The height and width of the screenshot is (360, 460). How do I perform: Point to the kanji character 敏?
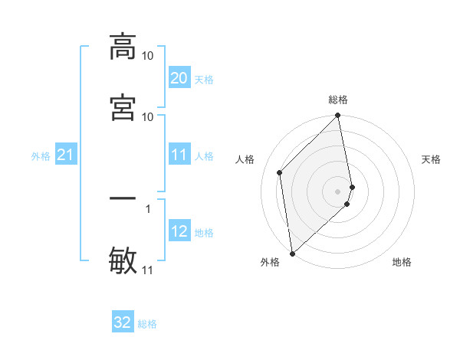click(123, 259)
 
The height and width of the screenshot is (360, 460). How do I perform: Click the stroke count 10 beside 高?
click(148, 56)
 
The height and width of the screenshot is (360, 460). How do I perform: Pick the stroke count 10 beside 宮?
click(148, 116)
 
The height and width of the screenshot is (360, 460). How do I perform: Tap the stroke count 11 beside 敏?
click(148, 270)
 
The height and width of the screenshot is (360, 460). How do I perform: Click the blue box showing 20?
click(179, 78)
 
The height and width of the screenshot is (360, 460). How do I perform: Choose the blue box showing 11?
click(179, 155)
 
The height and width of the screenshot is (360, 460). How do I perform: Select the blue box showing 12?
click(179, 231)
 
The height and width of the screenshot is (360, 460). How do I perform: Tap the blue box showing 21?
click(65, 155)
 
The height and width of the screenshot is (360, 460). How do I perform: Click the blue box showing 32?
click(123, 322)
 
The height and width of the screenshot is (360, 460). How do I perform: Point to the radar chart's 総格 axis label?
click(338, 100)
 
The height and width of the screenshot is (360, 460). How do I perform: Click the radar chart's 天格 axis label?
click(431, 159)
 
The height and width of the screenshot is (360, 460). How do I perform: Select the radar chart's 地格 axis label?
click(402, 262)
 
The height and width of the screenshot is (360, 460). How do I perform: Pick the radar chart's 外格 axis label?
click(270, 262)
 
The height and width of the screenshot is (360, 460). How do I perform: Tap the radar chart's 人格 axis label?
click(245, 159)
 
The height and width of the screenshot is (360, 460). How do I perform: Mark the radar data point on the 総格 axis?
click(338, 116)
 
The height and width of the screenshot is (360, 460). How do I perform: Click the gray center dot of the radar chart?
click(338, 191)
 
